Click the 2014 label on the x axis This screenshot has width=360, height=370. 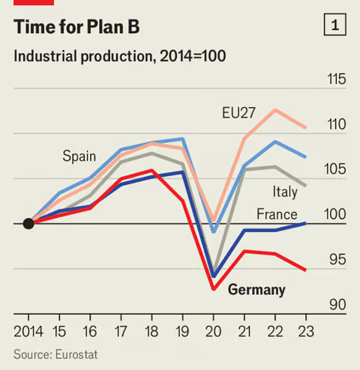pyautogui.click(x=28, y=330)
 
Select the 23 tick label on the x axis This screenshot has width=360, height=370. pyautogui.click(x=305, y=330)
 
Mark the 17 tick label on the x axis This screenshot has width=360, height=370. pyautogui.click(x=121, y=330)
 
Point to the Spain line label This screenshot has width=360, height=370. pyautogui.click(x=79, y=157)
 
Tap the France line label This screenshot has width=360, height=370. pyautogui.click(x=277, y=215)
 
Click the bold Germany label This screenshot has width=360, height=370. pyautogui.click(x=256, y=289)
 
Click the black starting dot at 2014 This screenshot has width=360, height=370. pyautogui.click(x=28, y=223)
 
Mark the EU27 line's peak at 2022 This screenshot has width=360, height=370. pyautogui.click(x=275, y=110)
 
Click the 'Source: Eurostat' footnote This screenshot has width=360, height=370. pyautogui.click(x=55, y=354)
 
